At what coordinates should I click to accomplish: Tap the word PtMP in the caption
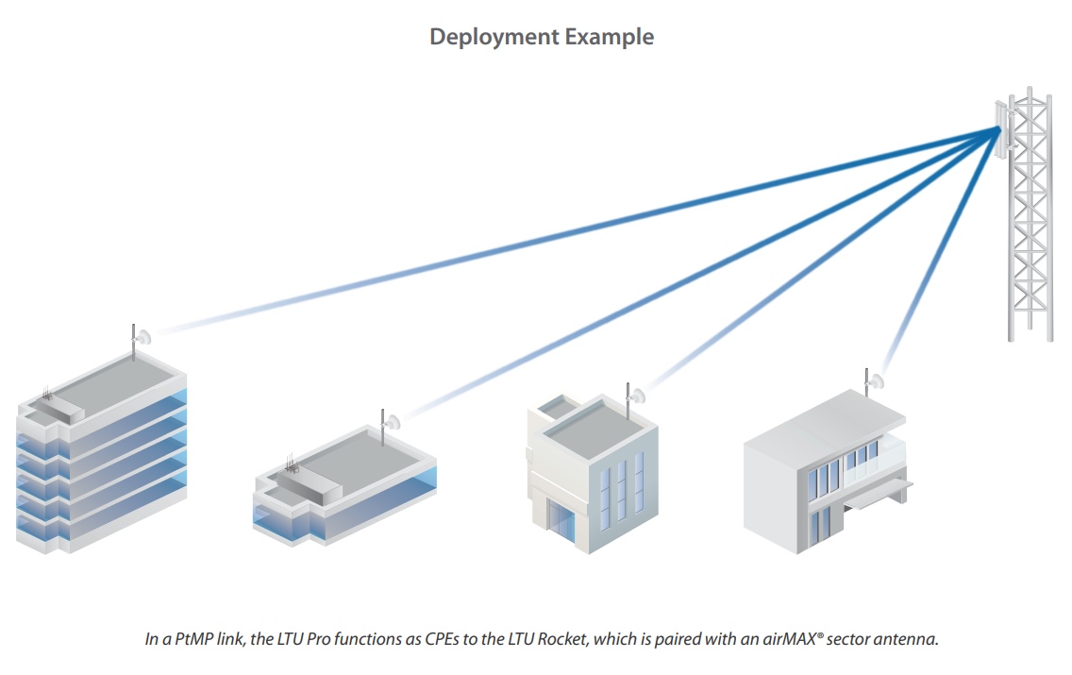[x=193, y=639]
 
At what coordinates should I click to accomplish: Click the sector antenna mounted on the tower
[x=1003, y=130]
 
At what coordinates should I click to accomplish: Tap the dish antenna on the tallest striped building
[x=142, y=336]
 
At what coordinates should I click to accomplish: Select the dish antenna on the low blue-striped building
[x=393, y=422]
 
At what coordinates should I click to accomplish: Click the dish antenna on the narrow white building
[x=637, y=396]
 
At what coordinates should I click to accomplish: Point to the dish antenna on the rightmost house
[x=876, y=381]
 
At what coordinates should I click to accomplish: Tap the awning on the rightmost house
[x=879, y=494]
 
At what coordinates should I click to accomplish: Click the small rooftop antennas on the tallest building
[x=46, y=394]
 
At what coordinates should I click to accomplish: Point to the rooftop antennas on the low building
[x=292, y=463]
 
